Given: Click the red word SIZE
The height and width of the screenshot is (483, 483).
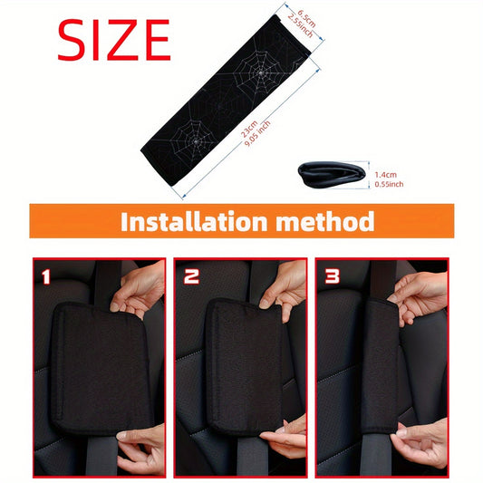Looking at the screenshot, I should coord(113,40).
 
